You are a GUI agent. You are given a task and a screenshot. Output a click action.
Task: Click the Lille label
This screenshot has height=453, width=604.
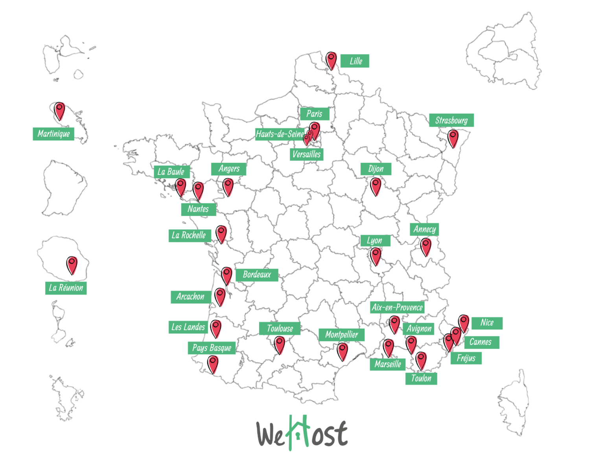(x=355, y=61)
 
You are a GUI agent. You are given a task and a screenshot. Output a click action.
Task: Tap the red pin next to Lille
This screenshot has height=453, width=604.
(x=331, y=60)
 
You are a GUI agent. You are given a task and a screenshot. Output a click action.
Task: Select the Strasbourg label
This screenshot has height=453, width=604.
(x=451, y=120)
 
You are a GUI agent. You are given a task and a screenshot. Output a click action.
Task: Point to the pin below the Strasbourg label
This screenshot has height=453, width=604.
(x=453, y=138)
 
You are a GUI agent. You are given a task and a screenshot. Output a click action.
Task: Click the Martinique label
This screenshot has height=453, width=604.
(x=53, y=134)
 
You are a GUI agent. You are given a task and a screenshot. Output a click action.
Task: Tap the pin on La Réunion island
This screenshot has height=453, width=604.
(x=72, y=265)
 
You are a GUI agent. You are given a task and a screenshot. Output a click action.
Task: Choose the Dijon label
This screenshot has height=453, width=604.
(x=376, y=169)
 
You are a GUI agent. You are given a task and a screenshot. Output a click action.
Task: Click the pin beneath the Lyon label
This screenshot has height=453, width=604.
(x=376, y=256)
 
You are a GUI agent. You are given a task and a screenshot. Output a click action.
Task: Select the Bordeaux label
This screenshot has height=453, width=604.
(x=257, y=274)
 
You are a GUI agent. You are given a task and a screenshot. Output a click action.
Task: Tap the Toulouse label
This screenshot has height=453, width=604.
(x=280, y=328)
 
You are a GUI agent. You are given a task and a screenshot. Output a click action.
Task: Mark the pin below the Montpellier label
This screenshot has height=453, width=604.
(x=343, y=351)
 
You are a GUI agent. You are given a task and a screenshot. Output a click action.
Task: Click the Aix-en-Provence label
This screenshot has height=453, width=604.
(x=397, y=308)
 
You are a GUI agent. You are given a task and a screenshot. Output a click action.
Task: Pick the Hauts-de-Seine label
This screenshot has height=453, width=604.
(x=280, y=134)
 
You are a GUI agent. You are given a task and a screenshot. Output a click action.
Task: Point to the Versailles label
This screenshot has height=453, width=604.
(x=306, y=154)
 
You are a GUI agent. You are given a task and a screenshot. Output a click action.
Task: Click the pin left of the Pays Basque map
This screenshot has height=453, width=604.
(x=213, y=364)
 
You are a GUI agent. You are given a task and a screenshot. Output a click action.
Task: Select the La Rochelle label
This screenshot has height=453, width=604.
(x=189, y=236)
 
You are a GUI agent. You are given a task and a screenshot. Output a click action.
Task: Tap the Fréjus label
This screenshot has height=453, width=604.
(x=466, y=358)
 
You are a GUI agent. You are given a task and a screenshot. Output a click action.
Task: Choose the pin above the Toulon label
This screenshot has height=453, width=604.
(x=421, y=360)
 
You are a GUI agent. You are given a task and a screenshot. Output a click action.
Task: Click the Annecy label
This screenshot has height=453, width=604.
(x=424, y=229)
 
